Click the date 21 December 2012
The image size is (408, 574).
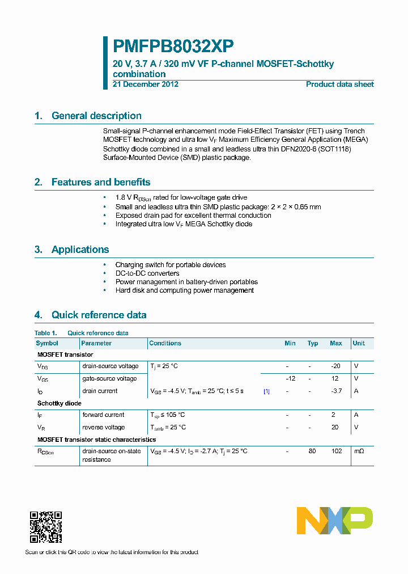tap(146, 85)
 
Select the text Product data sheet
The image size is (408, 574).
tap(339, 85)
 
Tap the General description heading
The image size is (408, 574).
tap(96, 116)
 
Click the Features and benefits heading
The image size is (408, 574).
tap(101, 182)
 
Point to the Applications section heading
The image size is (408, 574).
tap(80, 250)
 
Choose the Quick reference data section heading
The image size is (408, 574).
tap(99, 315)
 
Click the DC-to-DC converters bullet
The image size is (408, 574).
tap(147, 273)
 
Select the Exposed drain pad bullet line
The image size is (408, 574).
tap(193, 216)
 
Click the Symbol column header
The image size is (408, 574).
tap(47, 343)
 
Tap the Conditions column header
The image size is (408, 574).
tap(165, 343)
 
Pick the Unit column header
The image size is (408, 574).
tap(359, 343)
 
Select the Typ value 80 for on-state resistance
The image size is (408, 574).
tap(312, 451)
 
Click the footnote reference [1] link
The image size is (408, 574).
tap(266, 391)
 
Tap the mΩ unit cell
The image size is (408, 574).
tap(359, 451)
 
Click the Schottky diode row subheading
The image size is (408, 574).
tap(59, 403)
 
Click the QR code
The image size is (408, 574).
tap(45, 527)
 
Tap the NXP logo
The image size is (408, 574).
tap(335, 521)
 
